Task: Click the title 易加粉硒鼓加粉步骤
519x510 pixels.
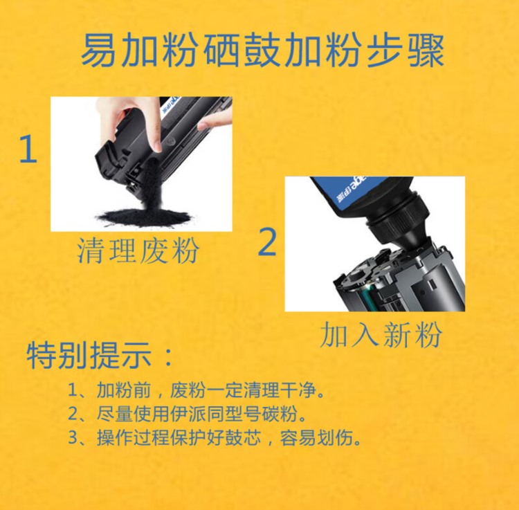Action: pos(262,51)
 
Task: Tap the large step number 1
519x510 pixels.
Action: pos(28,149)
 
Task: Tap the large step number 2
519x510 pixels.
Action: pos(267,242)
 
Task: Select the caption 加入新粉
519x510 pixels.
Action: pos(381,334)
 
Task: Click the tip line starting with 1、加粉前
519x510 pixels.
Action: pos(196,390)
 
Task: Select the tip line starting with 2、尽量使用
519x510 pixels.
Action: pos(187,413)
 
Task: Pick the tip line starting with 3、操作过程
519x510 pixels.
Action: pos(214,437)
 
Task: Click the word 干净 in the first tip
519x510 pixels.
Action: pos(298,390)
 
